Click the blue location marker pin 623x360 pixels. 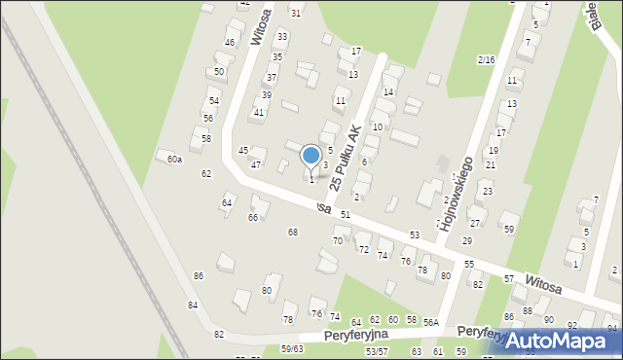[311, 157]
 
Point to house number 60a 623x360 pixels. [174, 159]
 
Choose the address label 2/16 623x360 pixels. [487, 60]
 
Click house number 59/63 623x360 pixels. [292, 348]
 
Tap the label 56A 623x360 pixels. [431, 321]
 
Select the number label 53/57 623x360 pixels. [376, 351]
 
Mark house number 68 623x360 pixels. [292, 232]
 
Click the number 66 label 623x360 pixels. [253, 217]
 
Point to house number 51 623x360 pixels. [345, 213]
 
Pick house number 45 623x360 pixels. [243, 151]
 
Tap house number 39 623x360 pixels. [266, 94]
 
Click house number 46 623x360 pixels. [230, 43]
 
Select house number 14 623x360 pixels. [388, 91]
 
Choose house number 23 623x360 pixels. [487, 192]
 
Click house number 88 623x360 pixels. [527, 310]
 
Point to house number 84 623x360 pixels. [193, 306]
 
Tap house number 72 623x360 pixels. [363, 250]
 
